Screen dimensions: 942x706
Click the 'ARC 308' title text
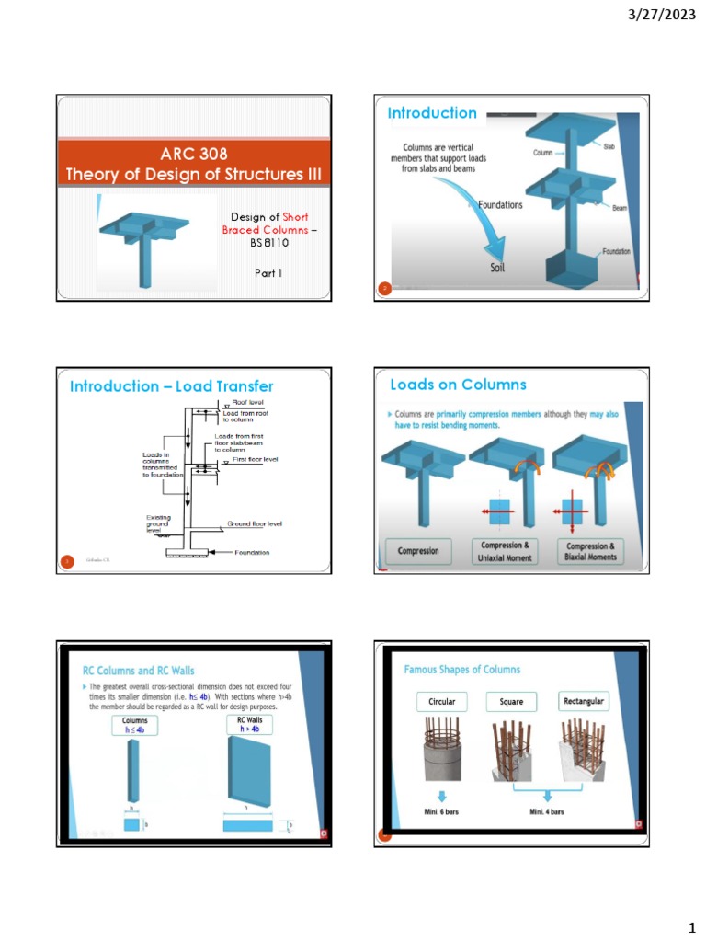(x=193, y=154)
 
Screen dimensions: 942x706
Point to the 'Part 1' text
(x=268, y=273)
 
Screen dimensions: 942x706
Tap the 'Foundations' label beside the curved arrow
(x=499, y=205)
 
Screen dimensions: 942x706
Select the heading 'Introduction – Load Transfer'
(x=172, y=386)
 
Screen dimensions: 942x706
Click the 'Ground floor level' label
(x=255, y=523)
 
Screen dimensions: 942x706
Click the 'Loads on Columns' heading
(x=459, y=385)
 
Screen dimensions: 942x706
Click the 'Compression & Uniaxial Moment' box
(x=506, y=552)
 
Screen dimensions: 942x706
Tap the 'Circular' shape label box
(x=441, y=702)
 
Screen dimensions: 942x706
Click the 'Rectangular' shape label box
(x=584, y=702)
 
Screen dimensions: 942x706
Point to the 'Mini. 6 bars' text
(x=442, y=813)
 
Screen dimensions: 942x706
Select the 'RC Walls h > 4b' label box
(x=249, y=724)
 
